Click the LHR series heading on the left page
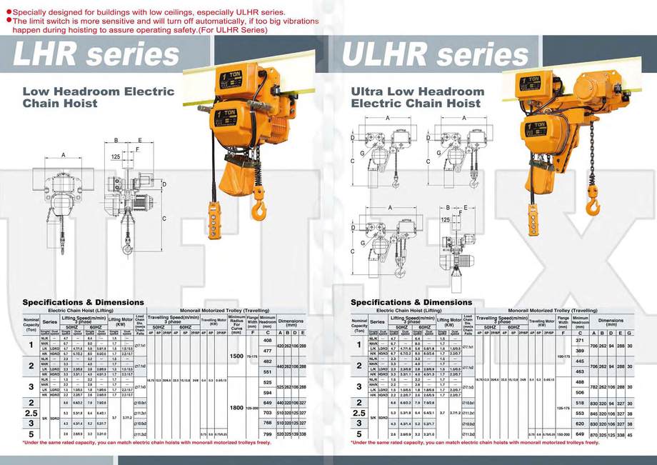tap(97, 54)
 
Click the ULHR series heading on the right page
tap(435, 54)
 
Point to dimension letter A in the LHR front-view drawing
tap(63, 155)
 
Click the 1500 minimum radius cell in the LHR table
tap(235, 356)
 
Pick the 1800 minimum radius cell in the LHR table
tap(235, 407)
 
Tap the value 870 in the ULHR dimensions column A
tap(593, 434)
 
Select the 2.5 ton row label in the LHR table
tap(31, 413)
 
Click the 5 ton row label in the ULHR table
tap(358, 434)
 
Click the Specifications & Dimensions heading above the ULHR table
tap(411, 302)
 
